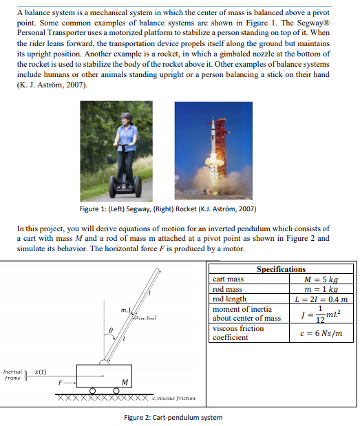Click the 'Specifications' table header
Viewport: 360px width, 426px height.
[280, 269]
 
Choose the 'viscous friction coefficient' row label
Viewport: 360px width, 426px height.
[237, 333]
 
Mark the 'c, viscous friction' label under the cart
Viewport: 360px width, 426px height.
[176, 398]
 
